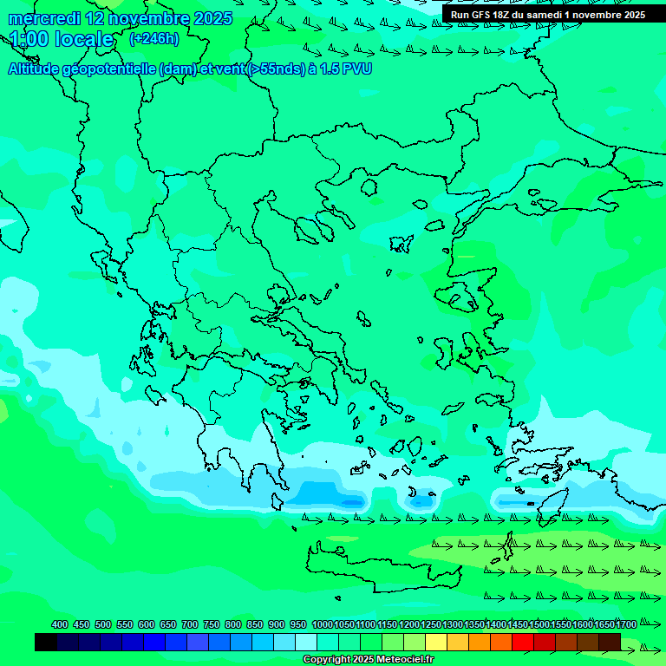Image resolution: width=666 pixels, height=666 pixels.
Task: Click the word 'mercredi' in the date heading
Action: pos(43,18)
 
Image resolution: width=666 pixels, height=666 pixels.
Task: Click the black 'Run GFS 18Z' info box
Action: pos(548,14)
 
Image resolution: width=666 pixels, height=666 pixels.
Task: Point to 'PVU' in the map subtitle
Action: pos(356,69)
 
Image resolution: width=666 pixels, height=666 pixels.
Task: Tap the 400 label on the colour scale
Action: pos(60,624)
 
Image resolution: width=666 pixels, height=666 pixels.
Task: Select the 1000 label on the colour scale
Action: pos(323,624)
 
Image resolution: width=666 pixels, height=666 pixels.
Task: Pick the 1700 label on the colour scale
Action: pos(626,624)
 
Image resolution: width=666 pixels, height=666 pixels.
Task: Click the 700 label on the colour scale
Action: pos(190,624)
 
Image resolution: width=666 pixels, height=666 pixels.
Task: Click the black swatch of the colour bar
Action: pos(46,642)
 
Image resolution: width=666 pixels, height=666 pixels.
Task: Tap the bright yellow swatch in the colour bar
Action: pos(436,642)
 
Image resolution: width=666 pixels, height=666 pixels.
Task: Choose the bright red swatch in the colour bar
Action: pos(523,642)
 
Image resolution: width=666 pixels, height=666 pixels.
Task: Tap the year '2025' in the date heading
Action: pos(212,18)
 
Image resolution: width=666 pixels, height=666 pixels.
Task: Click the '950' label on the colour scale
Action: pos(298,624)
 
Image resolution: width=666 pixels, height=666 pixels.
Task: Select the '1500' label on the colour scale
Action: pos(539,624)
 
